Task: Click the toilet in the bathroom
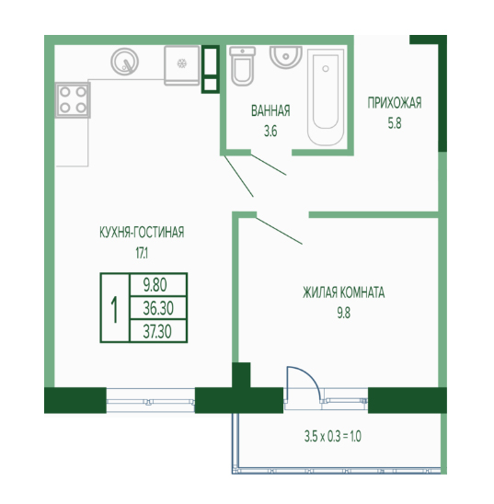tap(243, 66)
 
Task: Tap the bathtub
tap(326, 97)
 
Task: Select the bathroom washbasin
tap(286, 57)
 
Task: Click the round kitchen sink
tap(125, 62)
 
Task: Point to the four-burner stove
tap(73, 100)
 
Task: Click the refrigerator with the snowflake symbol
tap(182, 65)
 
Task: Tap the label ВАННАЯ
tap(270, 111)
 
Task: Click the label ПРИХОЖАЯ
tap(395, 103)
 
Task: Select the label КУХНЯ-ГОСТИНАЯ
tap(142, 232)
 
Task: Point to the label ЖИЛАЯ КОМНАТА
tap(343, 292)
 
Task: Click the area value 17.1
tap(142, 253)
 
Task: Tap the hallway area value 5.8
tap(395, 123)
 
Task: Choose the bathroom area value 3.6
tap(270, 132)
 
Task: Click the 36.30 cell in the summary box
tap(158, 308)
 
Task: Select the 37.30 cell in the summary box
tap(157, 331)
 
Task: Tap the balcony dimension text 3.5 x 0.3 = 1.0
tap(333, 437)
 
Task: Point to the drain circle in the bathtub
tap(326, 68)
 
